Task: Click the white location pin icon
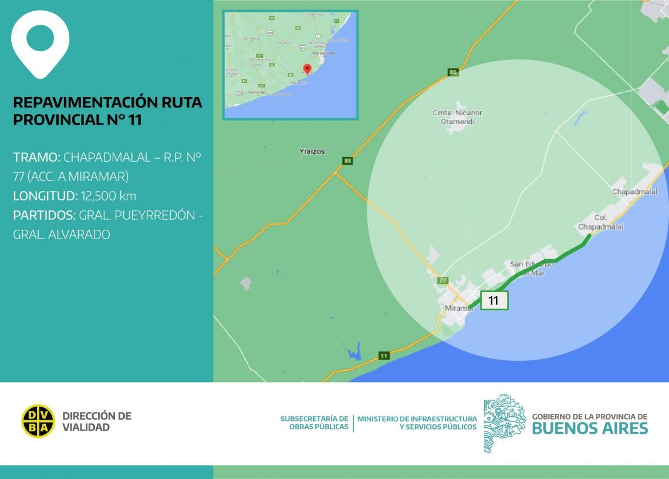click(40, 43)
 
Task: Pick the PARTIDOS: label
click(44, 215)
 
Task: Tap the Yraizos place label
click(312, 151)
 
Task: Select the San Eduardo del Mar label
click(531, 268)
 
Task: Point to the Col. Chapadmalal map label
click(600, 222)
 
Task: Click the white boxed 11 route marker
click(494, 300)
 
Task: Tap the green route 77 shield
click(442, 280)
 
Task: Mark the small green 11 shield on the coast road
click(384, 356)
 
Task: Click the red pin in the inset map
click(307, 69)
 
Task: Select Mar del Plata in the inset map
click(323, 53)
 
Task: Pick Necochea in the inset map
click(258, 93)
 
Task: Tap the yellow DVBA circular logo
click(38, 421)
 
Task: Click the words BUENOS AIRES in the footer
click(590, 428)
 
